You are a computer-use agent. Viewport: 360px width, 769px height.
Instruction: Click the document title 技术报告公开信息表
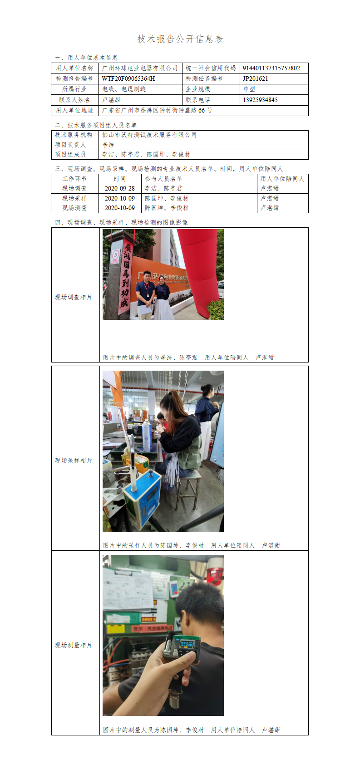(180, 39)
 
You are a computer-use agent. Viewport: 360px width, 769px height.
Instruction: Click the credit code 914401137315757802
(271, 68)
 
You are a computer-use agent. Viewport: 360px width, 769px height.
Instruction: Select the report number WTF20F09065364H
(128, 78)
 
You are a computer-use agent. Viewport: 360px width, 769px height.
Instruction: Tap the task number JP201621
(256, 78)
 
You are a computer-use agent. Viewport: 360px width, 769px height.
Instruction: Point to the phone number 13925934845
(261, 100)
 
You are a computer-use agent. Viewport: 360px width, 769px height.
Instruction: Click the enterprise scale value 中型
(249, 89)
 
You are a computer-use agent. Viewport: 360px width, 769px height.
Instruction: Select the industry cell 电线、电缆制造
(124, 89)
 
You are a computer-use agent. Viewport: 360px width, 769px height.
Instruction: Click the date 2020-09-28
(120, 188)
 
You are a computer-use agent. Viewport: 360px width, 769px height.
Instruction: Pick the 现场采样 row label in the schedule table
(74, 198)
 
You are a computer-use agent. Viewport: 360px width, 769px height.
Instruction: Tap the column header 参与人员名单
(163, 179)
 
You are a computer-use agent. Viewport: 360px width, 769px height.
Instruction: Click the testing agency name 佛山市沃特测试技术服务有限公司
(149, 135)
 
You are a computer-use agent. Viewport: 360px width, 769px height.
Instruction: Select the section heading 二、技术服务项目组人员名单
(96, 125)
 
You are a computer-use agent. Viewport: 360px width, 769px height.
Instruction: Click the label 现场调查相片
(74, 297)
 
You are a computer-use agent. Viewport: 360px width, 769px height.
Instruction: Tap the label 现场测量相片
(74, 646)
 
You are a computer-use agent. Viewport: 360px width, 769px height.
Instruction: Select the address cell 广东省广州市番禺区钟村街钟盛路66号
(157, 111)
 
